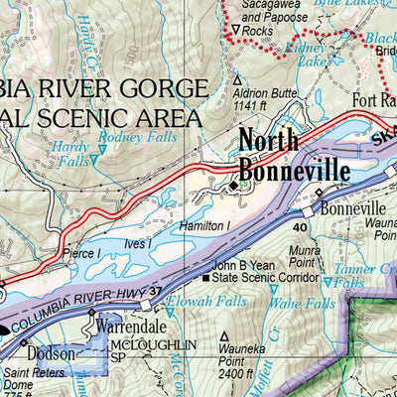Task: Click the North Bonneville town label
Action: [294, 156]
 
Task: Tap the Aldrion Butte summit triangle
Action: [236, 77]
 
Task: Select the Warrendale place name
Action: [130, 324]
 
